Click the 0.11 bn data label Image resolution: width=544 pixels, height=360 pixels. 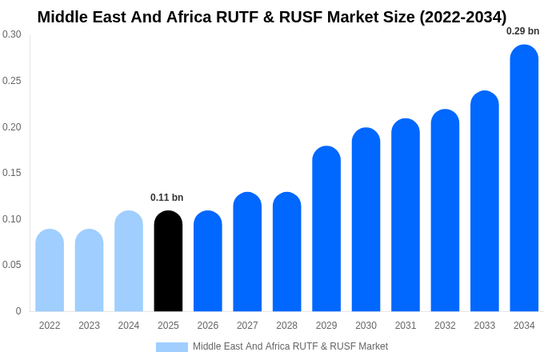pos(166,198)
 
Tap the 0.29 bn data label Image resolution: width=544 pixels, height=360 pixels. pos(522,31)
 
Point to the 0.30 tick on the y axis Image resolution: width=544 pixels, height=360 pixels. pos(12,34)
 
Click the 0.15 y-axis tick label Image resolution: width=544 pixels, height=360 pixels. pos(12,173)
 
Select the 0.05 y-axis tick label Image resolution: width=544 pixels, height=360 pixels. pos(12,265)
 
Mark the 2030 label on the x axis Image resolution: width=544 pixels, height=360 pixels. pos(366,326)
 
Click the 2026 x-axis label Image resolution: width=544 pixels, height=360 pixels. pos(207,326)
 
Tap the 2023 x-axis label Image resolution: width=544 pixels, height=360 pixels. pos(89,326)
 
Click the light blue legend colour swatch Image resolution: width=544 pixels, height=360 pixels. pos(171,347)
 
